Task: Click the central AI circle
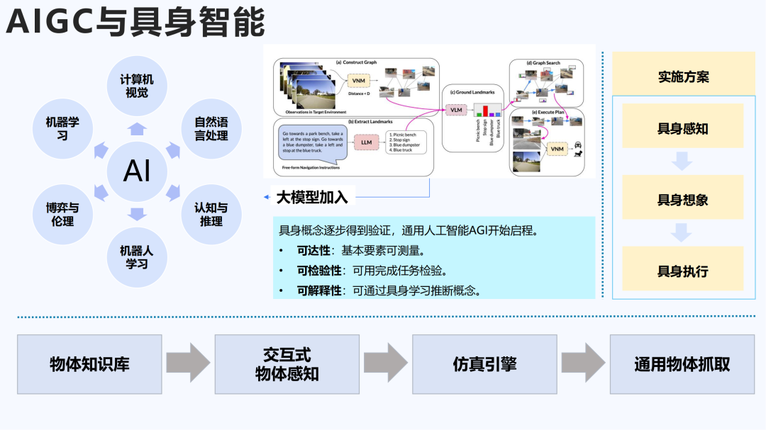point(136,171)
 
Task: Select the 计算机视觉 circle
point(136,86)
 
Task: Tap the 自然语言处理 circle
point(211,128)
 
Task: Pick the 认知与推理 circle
point(211,214)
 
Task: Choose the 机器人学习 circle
point(136,256)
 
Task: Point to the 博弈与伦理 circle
point(62,214)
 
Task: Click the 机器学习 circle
point(62,128)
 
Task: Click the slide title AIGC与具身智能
point(135,23)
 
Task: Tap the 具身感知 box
point(682,128)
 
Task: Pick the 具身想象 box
point(682,199)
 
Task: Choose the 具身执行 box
point(682,270)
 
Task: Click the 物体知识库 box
point(89,364)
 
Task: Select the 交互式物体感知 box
point(287,364)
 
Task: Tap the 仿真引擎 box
point(484,364)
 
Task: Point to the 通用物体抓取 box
point(682,364)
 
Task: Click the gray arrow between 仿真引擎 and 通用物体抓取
point(583,363)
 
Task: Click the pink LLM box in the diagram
point(366,142)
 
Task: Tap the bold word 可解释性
point(319,290)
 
